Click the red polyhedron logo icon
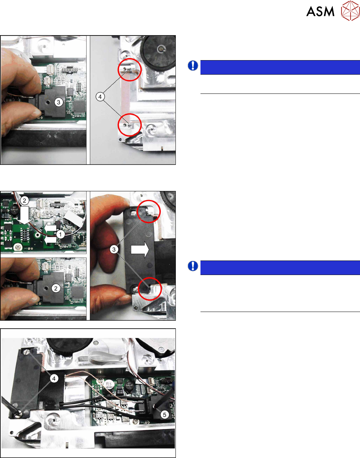point(350,11)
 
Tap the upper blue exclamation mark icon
point(193,66)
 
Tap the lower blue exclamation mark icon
point(193,266)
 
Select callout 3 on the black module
point(59,103)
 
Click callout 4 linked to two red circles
point(100,97)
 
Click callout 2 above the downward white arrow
point(24,200)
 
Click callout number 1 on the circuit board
point(61,234)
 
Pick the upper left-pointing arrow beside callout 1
point(50,228)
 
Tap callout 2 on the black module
point(56,288)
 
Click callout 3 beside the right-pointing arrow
point(114,250)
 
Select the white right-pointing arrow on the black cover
point(140,250)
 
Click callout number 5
point(165,415)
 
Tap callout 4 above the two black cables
point(54,379)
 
